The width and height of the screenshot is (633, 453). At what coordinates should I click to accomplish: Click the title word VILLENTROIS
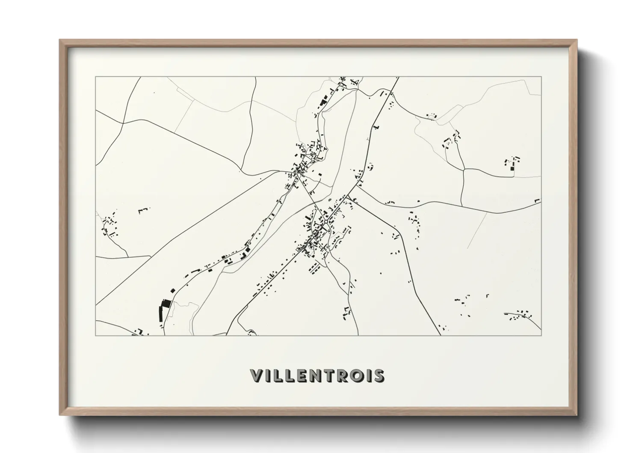317,376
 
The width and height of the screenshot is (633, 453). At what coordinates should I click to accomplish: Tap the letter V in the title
257,376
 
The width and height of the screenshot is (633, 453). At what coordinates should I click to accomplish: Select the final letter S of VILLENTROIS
379,376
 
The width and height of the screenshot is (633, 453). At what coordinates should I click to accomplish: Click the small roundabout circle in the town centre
325,222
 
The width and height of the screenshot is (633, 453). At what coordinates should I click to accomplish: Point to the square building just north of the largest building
173,290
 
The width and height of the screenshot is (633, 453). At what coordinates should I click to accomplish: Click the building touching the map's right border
538,200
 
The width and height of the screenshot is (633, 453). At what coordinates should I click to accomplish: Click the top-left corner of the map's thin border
95,77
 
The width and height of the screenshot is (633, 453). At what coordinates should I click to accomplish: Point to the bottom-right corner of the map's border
541,335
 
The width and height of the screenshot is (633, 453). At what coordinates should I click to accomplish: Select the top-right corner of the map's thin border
541,77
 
